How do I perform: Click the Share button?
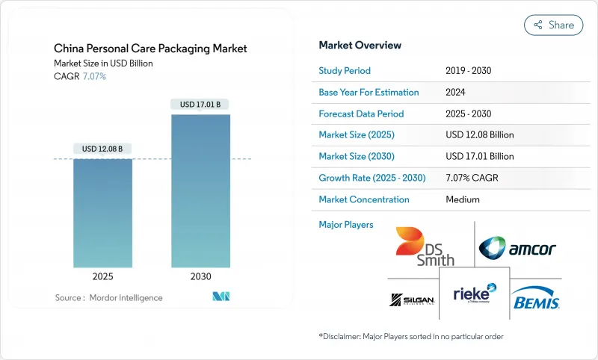tap(554, 25)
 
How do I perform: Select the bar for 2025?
tap(102, 213)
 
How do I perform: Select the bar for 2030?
tap(200, 190)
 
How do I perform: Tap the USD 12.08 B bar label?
tap(102, 149)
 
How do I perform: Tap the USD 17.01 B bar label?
tap(200, 105)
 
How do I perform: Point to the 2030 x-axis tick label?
tap(200, 277)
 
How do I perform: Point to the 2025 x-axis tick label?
tap(102, 277)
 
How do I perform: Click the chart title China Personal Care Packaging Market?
tap(151, 49)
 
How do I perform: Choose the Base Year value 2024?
tap(456, 93)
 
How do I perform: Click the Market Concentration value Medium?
tap(462, 199)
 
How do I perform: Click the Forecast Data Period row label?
tap(361, 114)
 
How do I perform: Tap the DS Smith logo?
tap(424, 246)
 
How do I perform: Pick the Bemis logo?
tap(536, 300)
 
